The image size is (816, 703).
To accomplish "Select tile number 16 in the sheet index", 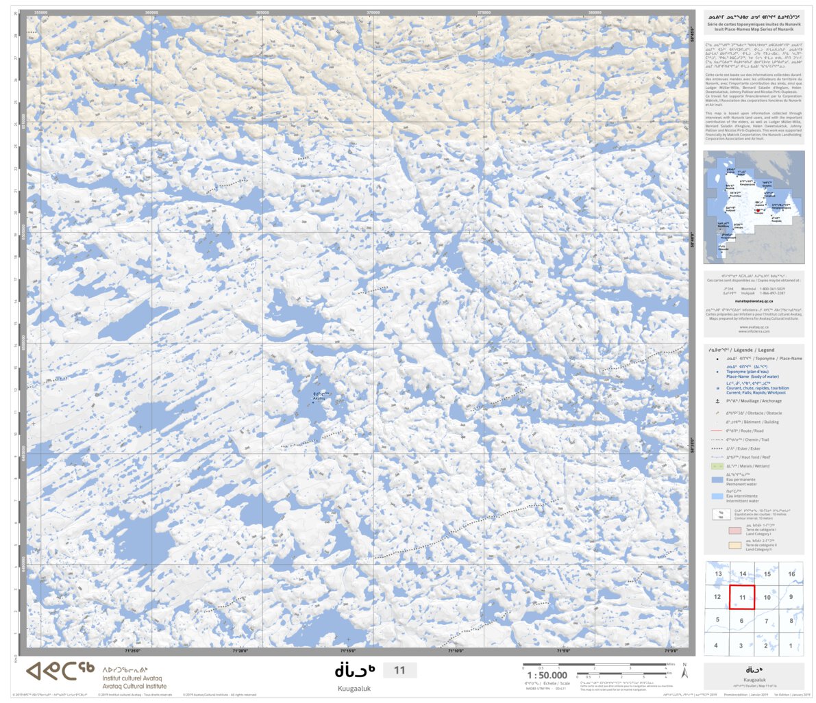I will pos(791,574).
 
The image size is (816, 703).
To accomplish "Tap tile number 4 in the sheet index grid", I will pos(716,645).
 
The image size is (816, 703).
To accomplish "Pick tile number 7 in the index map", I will pos(767,621).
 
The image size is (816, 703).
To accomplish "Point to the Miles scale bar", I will pos(593,664).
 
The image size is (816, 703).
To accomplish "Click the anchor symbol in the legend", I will pos(717,401).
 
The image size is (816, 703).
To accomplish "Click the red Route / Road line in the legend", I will pos(717,431).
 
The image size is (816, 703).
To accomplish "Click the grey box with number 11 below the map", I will pos(399,670).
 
